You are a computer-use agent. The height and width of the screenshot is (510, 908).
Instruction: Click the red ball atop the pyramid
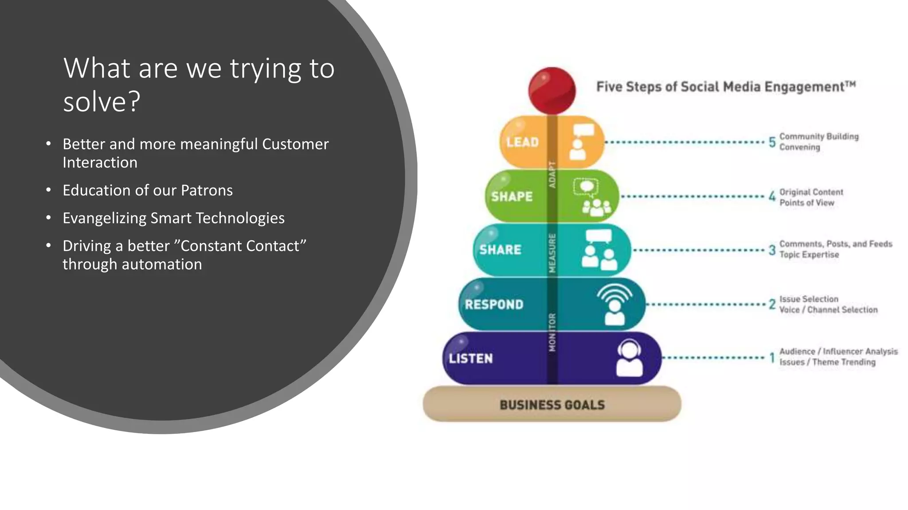click(x=552, y=90)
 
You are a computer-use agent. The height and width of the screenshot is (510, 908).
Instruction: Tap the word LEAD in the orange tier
click(x=523, y=142)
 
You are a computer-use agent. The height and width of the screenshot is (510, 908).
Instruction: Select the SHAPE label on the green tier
click(x=512, y=197)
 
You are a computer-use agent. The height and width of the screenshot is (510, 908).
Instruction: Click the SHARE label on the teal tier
click(x=500, y=250)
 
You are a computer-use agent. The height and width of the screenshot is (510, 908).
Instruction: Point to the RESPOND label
click(x=494, y=305)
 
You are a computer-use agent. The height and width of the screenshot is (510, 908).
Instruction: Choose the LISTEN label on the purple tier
click(x=470, y=359)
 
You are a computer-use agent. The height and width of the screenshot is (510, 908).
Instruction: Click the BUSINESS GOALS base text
click(x=552, y=405)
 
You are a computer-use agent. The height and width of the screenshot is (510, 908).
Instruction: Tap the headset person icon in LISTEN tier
click(x=629, y=358)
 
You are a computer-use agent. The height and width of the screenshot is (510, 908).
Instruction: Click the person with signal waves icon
click(x=614, y=305)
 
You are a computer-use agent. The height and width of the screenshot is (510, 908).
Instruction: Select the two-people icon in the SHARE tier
click(x=599, y=250)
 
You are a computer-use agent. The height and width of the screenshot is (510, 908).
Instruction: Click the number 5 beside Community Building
click(x=772, y=142)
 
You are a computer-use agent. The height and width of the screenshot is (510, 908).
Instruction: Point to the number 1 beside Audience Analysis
click(x=772, y=358)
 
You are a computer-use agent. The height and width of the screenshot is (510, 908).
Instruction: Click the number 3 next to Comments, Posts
click(x=772, y=250)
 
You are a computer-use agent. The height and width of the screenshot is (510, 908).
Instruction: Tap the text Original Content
click(x=811, y=192)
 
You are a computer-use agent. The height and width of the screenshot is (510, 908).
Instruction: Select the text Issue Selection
click(x=809, y=299)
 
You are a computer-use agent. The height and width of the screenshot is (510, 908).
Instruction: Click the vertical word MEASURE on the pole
click(x=552, y=253)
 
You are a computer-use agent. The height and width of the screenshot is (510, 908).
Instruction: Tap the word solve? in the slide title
click(x=102, y=102)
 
